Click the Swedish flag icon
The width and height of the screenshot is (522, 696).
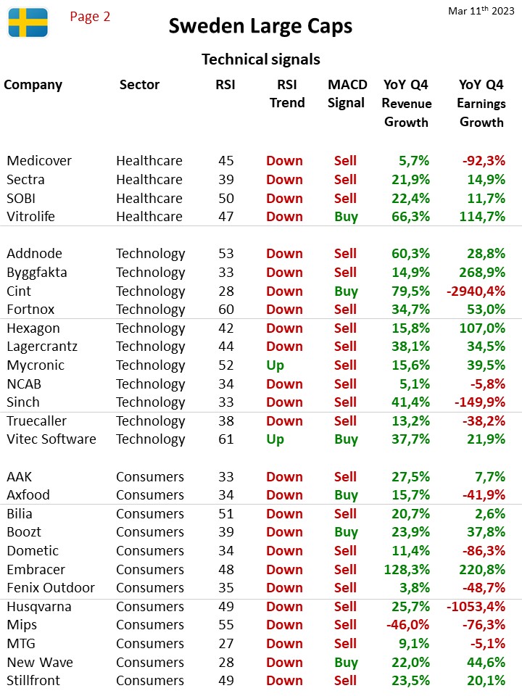(28, 22)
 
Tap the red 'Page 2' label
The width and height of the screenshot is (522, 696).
(90, 17)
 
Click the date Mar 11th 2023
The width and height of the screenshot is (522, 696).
(481, 11)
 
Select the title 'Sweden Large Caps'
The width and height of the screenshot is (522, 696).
(260, 26)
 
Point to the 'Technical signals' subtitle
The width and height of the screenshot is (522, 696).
(261, 59)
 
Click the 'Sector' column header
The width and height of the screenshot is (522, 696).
(139, 84)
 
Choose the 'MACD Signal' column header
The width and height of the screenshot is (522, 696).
(347, 94)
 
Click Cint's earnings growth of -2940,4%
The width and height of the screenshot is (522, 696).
(476, 291)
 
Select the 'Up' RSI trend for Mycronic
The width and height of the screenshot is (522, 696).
(275, 365)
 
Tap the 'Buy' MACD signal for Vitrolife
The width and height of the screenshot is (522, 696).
(347, 217)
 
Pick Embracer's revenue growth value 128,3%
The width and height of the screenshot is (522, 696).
(407, 570)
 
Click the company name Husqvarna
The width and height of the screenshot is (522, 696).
(39, 607)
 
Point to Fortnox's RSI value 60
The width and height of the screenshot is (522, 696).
(226, 310)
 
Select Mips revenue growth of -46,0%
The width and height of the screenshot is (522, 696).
(408, 625)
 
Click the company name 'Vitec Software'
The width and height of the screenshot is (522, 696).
(51, 439)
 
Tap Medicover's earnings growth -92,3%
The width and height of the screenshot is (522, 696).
(484, 161)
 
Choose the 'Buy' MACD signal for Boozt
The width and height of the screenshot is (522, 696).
(347, 532)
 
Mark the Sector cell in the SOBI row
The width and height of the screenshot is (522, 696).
(149, 199)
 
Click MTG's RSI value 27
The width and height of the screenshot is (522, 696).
(226, 644)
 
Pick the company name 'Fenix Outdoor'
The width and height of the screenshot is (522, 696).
(51, 588)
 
